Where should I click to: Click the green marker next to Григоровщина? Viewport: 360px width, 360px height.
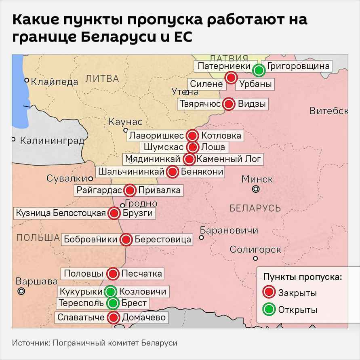(259, 71)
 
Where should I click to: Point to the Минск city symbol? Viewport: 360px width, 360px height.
(255, 189)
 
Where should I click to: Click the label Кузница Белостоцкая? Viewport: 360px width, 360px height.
(61, 213)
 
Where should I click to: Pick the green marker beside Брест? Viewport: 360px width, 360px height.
(113, 303)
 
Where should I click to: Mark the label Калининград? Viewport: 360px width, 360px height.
(52, 141)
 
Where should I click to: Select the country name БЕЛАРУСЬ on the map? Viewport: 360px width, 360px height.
(255, 208)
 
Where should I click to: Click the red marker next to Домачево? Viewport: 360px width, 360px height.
(114, 318)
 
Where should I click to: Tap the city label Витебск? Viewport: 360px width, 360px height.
(329, 111)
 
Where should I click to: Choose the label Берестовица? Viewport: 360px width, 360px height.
(163, 239)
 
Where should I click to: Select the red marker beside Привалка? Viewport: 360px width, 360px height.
(130, 190)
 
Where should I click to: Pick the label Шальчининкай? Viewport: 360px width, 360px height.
(131, 172)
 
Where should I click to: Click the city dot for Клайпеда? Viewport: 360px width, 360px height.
(27, 80)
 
